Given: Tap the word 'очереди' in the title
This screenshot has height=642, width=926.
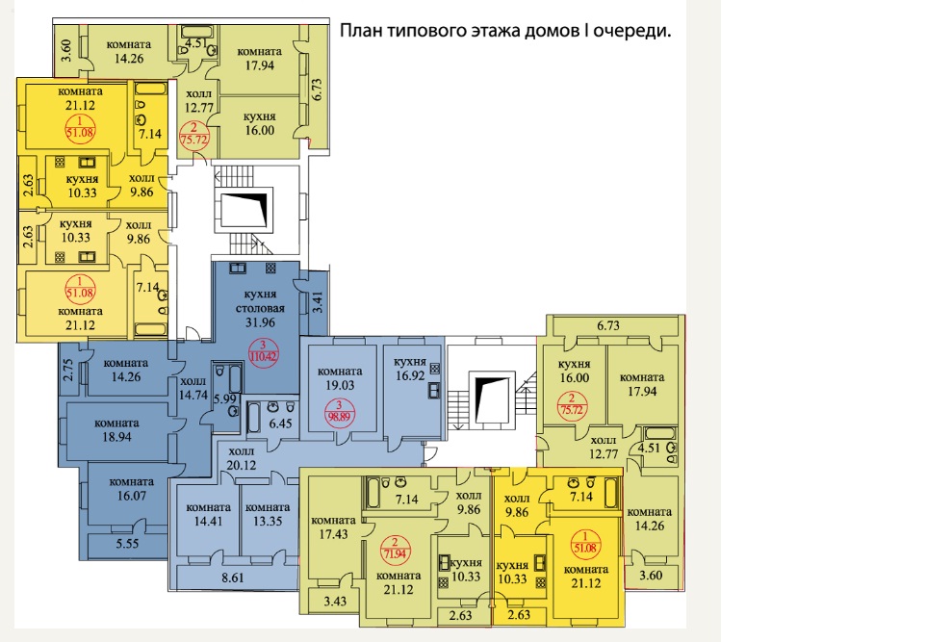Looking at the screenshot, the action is click(630, 32).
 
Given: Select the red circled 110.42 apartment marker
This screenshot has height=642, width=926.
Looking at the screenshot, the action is click(264, 352).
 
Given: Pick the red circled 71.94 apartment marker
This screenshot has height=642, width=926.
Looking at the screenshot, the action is click(395, 550).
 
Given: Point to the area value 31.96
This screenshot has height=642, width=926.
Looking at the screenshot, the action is click(261, 322).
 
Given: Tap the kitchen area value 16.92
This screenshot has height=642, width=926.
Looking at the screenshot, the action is click(410, 375).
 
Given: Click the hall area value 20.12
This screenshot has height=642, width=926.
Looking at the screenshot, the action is click(242, 466).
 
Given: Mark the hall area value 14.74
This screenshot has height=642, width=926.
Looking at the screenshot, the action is click(193, 396).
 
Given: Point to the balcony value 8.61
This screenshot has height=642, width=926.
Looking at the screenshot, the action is click(233, 578).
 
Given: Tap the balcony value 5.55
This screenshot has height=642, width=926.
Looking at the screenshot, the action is click(127, 544).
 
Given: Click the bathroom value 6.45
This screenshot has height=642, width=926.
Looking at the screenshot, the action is click(280, 424).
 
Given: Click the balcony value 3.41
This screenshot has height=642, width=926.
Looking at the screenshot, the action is click(319, 302).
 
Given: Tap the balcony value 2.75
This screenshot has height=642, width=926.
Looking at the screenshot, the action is click(67, 370).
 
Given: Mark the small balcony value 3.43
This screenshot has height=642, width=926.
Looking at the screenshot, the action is click(335, 602).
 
